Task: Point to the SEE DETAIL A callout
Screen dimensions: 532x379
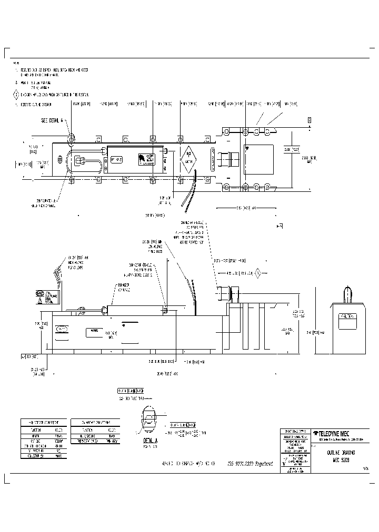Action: [x=52, y=120]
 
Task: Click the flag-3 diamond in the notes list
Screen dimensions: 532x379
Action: [x=16, y=95]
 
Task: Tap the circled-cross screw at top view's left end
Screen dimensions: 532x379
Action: [x=59, y=158]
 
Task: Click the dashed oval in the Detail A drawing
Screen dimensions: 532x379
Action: [x=148, y=420]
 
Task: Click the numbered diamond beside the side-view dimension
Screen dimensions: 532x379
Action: [x=258, y=273]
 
